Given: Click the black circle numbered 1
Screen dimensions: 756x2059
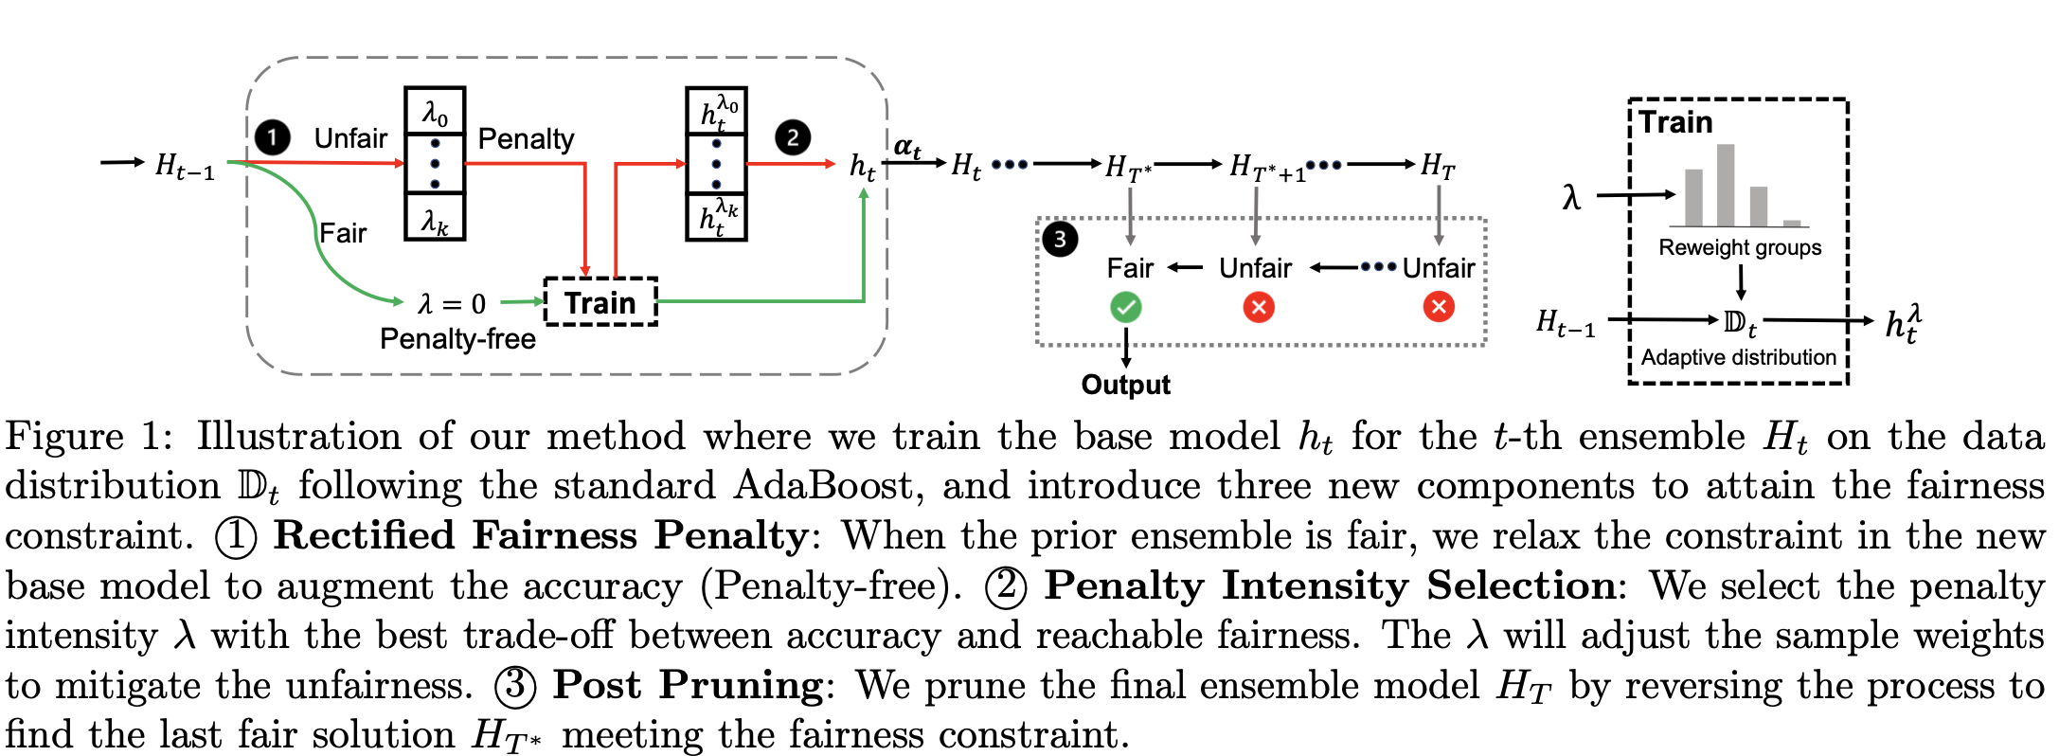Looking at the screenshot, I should coord(273,138).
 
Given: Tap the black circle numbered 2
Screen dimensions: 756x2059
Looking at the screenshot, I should coord(793,138).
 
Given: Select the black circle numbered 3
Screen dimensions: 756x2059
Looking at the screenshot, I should coord(1060,239).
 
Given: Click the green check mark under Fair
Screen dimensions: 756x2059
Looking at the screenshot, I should coord(1126,307).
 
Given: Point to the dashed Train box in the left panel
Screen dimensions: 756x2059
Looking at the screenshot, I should coord(600,302).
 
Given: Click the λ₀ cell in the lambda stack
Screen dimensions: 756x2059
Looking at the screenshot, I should coord(435,113).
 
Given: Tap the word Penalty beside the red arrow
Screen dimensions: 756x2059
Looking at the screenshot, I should coord(526,139).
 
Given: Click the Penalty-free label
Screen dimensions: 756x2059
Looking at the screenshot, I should coord(457,339).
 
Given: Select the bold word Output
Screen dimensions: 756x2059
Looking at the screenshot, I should coord(1125,385).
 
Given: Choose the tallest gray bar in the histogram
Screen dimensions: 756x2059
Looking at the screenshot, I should coord(1726,186).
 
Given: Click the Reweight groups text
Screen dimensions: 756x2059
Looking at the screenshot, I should coord(1740,248).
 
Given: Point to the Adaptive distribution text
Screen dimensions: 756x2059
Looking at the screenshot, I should coord(1738,358).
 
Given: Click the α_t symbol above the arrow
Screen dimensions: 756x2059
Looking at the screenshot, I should coord(907,148).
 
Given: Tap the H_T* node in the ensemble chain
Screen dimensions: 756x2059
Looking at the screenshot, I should coord(1128,169).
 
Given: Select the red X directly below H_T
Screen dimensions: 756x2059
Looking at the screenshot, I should coord(1439,307).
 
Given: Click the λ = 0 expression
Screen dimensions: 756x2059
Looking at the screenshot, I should coord(452,304).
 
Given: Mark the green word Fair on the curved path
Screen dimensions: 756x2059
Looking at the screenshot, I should coord(342,233).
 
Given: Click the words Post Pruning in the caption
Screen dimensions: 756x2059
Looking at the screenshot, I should coord(689,685).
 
